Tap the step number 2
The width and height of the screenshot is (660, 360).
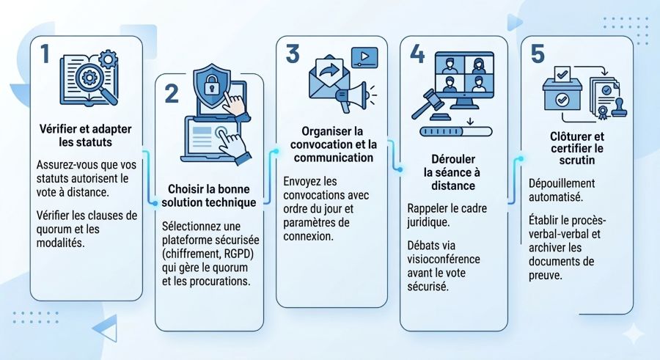171,94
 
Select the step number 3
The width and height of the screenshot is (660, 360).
293,54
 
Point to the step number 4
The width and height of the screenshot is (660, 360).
417,54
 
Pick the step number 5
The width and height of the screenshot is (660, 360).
538,54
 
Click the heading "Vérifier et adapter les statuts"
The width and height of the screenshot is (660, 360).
85,135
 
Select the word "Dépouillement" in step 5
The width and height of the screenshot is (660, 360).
562,183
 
